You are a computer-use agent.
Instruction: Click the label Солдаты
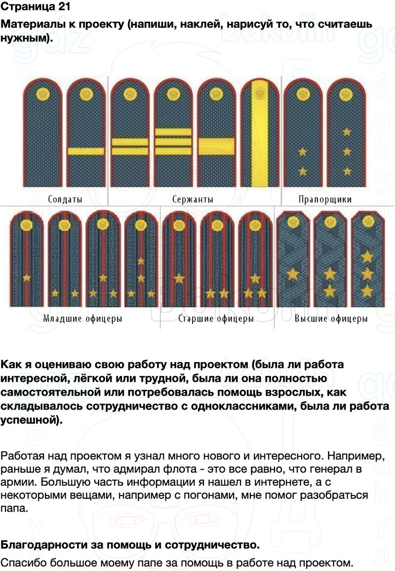(x=65, y=199)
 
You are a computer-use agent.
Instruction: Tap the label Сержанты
(x=193, y=199)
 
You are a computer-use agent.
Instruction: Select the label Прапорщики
(x=325, y=199)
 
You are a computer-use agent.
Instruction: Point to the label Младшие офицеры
(x=82, y=319)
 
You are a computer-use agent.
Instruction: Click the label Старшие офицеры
(x=216, y=319)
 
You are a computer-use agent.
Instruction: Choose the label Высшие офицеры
(x=331, y=319)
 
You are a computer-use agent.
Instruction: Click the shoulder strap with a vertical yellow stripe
(x=260, y=132)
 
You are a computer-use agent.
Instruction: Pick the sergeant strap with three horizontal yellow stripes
(x=173, y=132)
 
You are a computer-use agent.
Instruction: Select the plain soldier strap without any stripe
(x=42, y=132)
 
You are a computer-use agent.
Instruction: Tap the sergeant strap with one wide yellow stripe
(x=217, y=132)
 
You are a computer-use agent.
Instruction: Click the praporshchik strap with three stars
(x=346, y=132)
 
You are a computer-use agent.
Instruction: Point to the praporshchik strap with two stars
(x=303, y=132)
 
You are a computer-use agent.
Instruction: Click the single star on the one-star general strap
(x=293, y=274)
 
